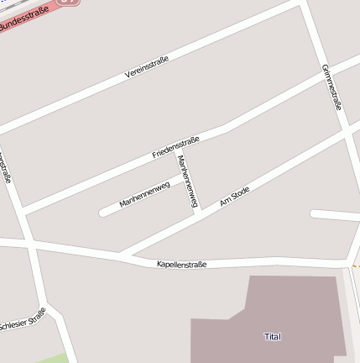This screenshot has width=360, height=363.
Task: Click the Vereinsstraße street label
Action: coord(147,66)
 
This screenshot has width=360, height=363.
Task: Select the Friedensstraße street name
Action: coord(175,147)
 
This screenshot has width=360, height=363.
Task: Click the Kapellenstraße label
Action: coord(181,264)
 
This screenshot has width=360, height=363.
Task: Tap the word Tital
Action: coord(272,337)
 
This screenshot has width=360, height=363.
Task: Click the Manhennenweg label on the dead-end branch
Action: coord(144,194)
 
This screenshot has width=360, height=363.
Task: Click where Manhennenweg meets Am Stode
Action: coord(196,213)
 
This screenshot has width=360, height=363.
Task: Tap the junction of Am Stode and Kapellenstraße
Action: coord(120,253)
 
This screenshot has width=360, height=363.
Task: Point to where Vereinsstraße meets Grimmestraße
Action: coord(302,3)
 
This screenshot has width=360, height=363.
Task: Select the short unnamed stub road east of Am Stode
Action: coord(334,215)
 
